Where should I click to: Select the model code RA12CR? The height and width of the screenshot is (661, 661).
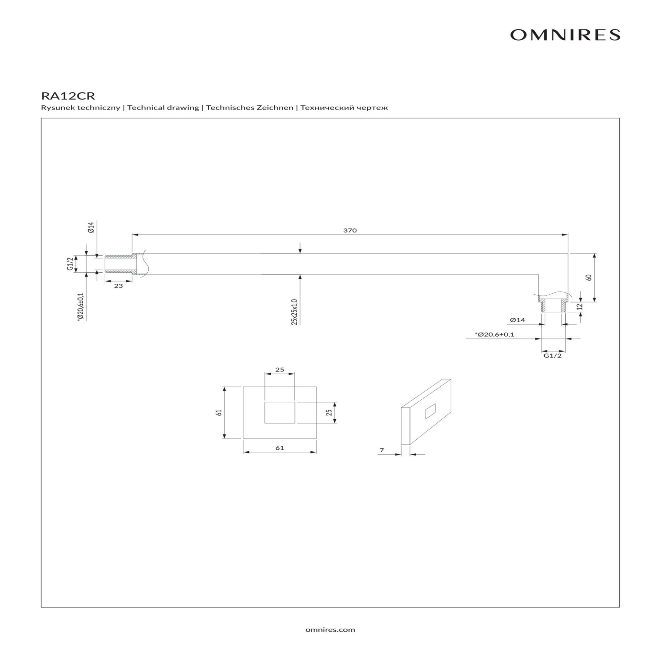[68, 95]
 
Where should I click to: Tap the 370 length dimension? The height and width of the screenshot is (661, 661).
[350, 230]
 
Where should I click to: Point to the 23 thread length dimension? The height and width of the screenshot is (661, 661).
[118, 286]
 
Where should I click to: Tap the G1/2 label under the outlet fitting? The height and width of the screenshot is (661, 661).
[553, 356]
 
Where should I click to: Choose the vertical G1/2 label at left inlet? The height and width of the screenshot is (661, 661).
[70, 264]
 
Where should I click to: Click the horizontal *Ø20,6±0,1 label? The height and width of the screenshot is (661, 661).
[494, 334]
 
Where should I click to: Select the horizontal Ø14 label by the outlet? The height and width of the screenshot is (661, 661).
[517, 320]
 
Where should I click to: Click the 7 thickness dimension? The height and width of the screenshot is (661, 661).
[381, 450]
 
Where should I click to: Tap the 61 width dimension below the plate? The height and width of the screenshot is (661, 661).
[280, 448]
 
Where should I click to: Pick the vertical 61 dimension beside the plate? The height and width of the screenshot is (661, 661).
[218, 412]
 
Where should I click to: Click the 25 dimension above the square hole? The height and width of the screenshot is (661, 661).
[280, 369]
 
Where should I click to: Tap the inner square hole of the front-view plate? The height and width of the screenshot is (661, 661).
[280, 412]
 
